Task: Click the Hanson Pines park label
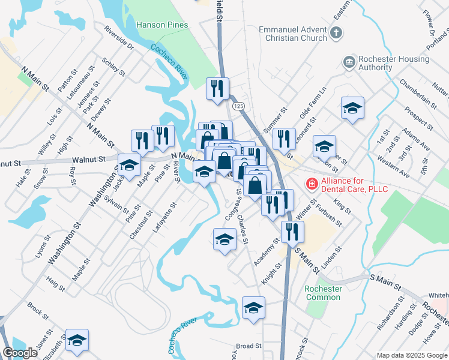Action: pyautogui.click(x=162, y=25)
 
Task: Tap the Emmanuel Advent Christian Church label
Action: pyautogui.click(x=292, y=34)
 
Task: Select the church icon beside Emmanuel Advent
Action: pyautogui.click(x=337, y=33)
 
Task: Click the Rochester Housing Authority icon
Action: pyautogui.click(x=349, y=62)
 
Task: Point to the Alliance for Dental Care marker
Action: pyautogui.click(x=312, y=185)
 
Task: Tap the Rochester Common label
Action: pyautogui.click(x=323, y=293)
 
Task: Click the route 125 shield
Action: pyautogui.click(x=239, y=106)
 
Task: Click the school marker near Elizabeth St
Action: pyautogui.click(x=77, y=340)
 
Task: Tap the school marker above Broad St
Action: pyautogui.click(x=253, y=308)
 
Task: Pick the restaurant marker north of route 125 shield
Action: pyautogui.click(x=217, y=88)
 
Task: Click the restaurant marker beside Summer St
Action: pyautogui.click(x=284, y=139)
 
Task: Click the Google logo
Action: pyautogui.click(x=19, y=353)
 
